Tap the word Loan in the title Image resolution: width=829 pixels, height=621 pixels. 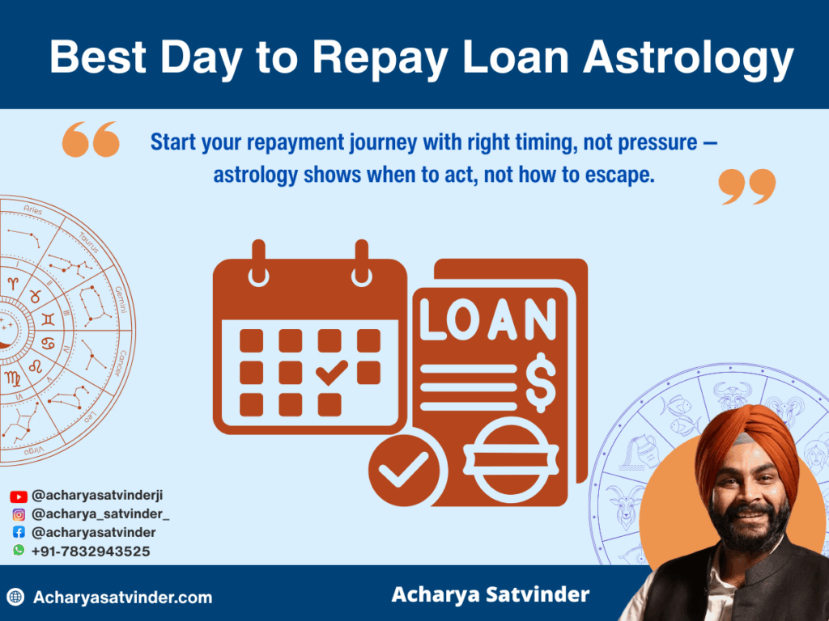[x=513, y=57]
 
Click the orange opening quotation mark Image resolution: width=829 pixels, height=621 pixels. [x=91, y=140]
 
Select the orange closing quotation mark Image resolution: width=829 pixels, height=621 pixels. [x=747, y=187]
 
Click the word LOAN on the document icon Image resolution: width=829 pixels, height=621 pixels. [x=488, y=321]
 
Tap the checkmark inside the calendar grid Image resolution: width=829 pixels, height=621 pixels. [x=331, y=372]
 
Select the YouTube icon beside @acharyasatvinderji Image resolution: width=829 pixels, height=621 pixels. [x=19, y=496]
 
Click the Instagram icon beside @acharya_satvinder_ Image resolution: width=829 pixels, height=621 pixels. [x=19, y=514]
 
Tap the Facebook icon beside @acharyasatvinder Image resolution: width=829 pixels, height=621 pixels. [x=19, y=533]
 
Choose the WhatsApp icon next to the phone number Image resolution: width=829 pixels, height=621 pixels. [x=19, y=551]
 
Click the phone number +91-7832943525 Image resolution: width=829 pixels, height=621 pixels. [x=91, y=551]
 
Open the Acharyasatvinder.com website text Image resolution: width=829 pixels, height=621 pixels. [x=122, y=598]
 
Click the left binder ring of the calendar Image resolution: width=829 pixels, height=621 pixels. [x=259, y=264]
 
